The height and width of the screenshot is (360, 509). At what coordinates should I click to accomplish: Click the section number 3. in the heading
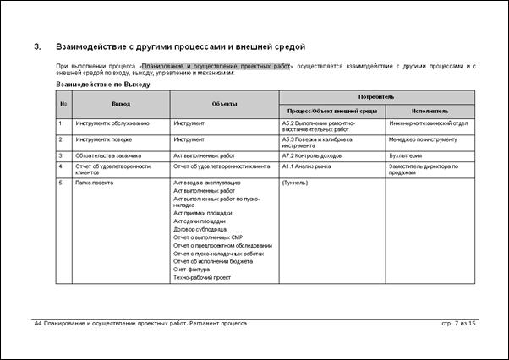[37, 46]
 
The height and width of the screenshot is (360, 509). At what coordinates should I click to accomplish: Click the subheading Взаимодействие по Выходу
[102, 85]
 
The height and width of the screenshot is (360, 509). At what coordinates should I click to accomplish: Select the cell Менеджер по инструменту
[423, 139]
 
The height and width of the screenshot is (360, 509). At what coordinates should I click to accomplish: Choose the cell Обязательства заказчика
[109, 155]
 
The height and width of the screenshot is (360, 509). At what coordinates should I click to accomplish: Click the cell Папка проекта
[95, 183]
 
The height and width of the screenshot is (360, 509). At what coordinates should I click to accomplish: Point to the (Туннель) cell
[295, 183]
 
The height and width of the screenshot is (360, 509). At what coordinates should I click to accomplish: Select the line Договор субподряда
[200, 229]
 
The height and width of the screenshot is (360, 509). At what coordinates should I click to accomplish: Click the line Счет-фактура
[192, 269]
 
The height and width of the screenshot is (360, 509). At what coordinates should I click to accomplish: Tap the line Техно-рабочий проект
[201, 277]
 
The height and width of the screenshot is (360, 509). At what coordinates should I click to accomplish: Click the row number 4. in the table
[62, 166]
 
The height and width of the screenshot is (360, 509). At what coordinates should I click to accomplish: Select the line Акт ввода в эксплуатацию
[206, 183]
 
